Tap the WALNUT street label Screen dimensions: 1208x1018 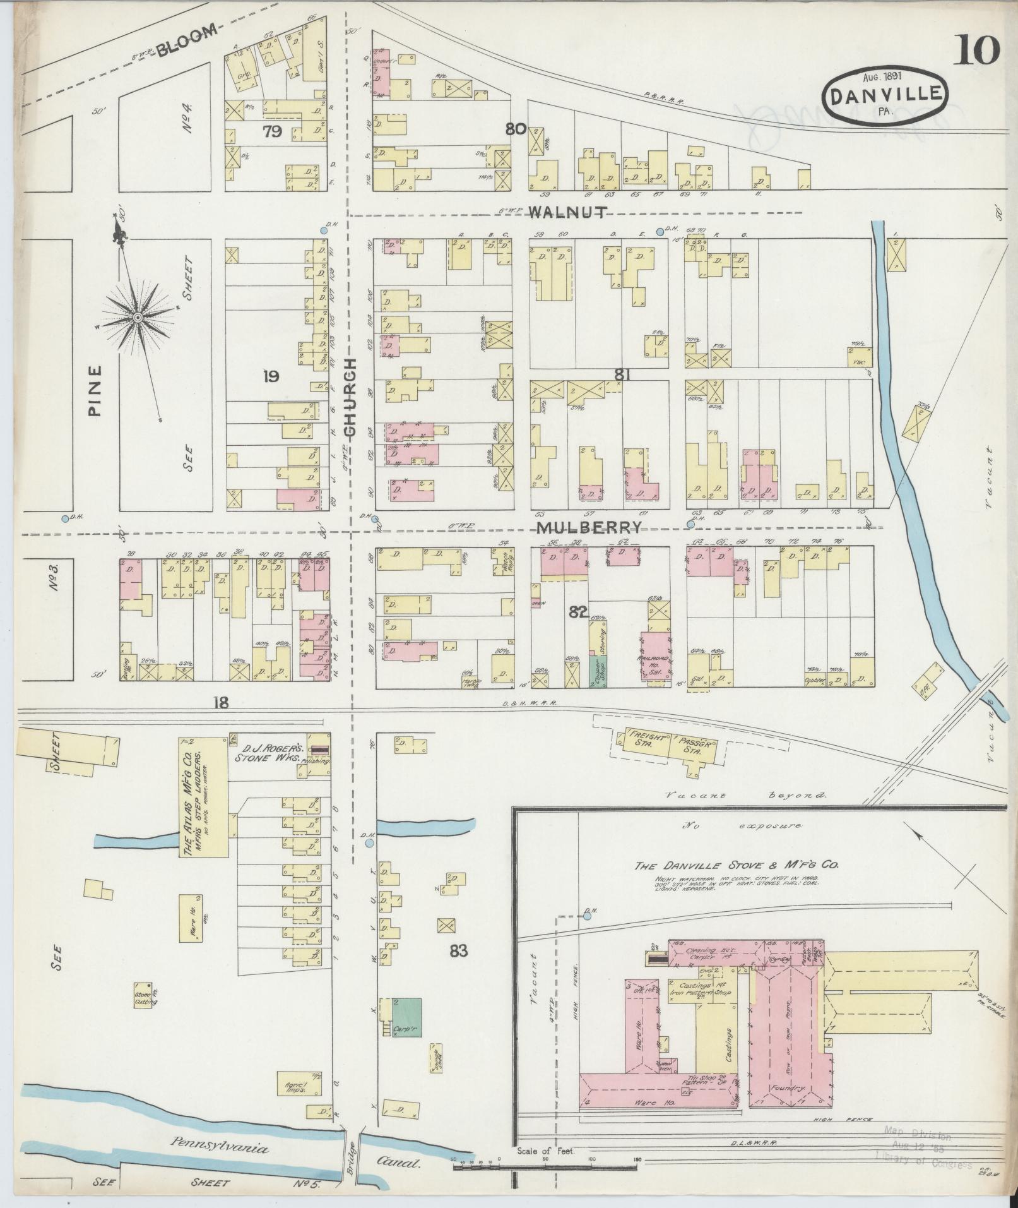(x=567, y=212)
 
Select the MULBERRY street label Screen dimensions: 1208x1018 (x=589, y=528)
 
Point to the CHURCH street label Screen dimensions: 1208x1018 (x=351, y=397)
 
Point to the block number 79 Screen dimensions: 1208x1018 (x=273, y=132)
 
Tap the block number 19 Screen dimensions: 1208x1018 (x=271, y=377)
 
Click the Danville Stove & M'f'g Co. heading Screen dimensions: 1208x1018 (x=736, y=866)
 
